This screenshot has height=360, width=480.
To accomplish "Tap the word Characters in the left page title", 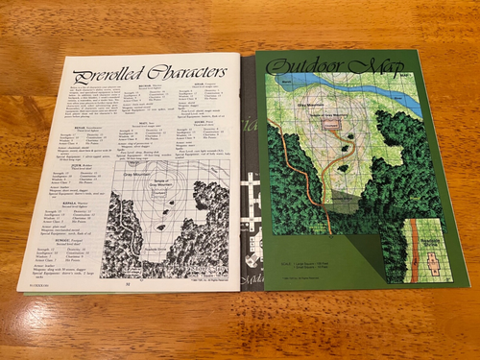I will point(182,72).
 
